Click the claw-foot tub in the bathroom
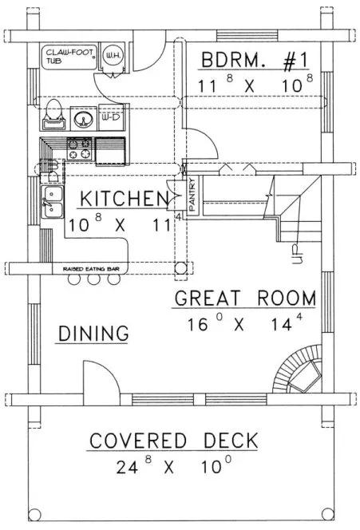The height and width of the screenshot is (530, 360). coord(66,57)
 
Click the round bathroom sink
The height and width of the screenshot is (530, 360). coord(82,121)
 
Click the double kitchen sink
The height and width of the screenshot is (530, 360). coord(52,200)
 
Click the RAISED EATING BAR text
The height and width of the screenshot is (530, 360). coord(86,270)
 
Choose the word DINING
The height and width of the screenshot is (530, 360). coord(93,333)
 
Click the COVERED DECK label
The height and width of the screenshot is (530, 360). coord(173,440)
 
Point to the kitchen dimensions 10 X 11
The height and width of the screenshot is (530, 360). coord(120,224)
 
